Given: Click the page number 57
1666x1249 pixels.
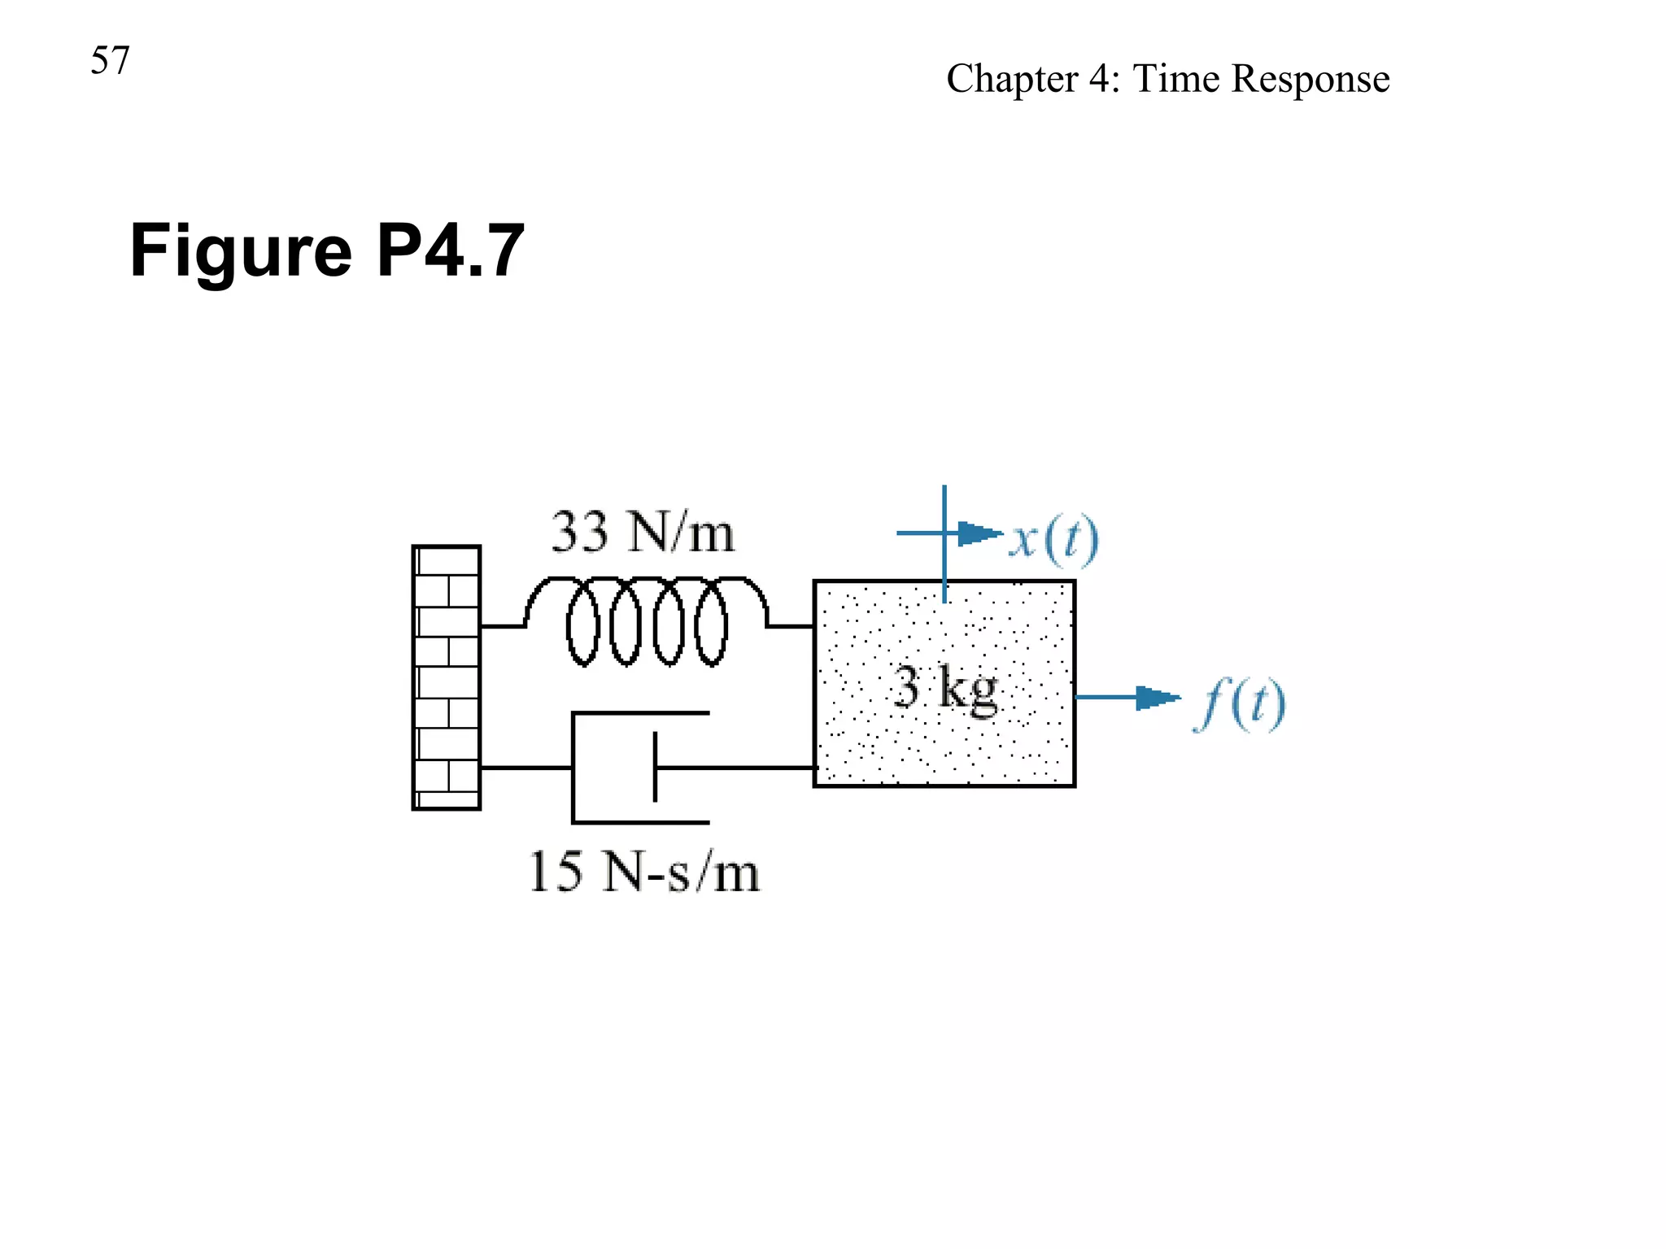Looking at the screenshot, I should point(110,61).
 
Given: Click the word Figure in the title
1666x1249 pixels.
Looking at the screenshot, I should point(241,252).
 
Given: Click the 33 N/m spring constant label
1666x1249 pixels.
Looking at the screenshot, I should point(643,533).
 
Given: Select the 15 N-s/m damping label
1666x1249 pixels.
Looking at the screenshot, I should point(644,873).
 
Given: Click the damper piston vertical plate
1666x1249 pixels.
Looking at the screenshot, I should point(655,767).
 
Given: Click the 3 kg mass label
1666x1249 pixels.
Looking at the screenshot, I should point(945,688).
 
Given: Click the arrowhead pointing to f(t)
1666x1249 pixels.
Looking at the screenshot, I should point(1158,697).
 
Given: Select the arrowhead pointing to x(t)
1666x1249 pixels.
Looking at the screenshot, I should point(979,533).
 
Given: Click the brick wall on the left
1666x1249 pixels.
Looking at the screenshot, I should point(446,677).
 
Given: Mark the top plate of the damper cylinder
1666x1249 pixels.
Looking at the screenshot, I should point(640,713).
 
